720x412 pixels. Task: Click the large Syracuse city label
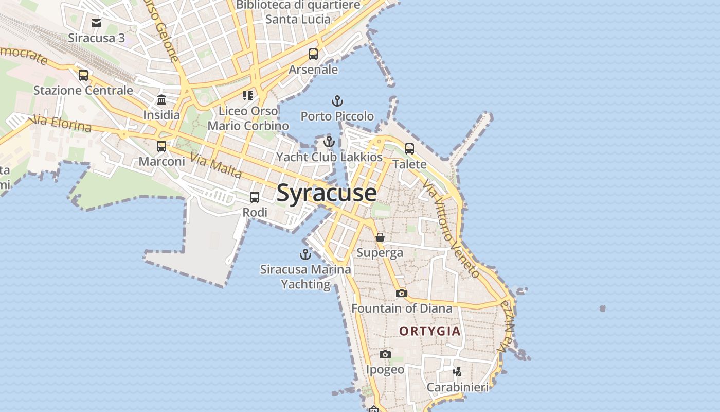[x=327, y=193]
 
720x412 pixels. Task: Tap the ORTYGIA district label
[x=430, y=331]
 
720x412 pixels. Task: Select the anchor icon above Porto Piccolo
[x=337, y=100]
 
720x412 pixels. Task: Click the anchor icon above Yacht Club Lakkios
[x=329, y=142]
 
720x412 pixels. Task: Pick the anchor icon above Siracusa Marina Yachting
[x=305, y=254]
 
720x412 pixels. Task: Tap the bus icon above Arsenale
[x=313, y=54]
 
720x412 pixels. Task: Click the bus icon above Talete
[x=409, y=149]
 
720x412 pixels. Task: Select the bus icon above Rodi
[x=255, y=197]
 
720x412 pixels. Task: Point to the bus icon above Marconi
[x=161, y=146]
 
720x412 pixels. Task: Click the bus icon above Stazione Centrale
[x=83, y=75]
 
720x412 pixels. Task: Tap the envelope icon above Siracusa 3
[x=96, y=23]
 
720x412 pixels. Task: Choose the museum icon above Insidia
[x=161, y=99]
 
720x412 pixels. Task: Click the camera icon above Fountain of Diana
[x=402, y=293]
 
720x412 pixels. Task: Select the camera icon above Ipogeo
[x=385, y=354]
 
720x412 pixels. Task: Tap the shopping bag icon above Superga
[x=380, y=237]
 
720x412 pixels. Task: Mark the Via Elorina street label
[x=61, y=124]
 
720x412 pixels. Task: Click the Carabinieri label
[x=458, y=387]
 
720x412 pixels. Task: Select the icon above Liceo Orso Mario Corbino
[x=248, y=96]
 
